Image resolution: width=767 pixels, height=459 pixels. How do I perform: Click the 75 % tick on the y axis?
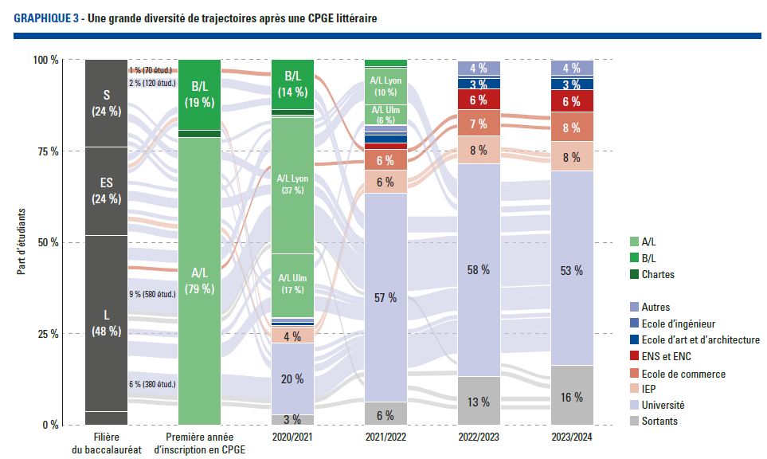click(46, 151)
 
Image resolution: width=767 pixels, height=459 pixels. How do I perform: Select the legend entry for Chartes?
click(657, 275)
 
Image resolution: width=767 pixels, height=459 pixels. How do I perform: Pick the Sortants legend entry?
click(659, 421)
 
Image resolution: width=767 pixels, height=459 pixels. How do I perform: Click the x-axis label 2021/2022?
click(386, 437)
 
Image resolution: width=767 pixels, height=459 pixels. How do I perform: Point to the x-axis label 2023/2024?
click(572, 437)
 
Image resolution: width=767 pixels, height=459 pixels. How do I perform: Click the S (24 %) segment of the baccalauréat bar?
click(106, 103)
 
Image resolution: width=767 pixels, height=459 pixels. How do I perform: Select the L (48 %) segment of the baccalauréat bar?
click(106, 323)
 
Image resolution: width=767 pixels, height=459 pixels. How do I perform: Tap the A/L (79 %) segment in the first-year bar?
click(199, 280)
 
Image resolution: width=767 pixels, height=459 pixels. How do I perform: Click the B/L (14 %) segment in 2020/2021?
click(292, 84)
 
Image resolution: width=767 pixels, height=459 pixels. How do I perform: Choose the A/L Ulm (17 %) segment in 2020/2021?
click(292, 284)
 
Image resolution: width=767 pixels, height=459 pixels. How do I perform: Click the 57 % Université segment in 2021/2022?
click(385, 297)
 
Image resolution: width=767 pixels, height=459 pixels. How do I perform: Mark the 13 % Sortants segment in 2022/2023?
click(478, 401)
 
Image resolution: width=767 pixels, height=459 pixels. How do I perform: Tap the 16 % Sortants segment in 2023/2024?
click(572, 396)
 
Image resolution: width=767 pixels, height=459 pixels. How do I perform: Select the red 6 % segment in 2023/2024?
click(572, 101)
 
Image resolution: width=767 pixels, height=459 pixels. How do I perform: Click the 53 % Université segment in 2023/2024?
click(572, 270)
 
